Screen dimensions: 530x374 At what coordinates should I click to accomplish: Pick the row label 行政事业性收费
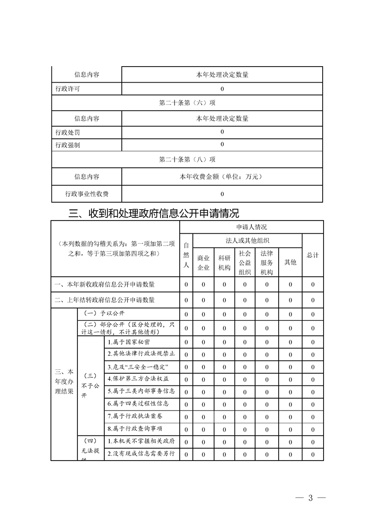(87, 193)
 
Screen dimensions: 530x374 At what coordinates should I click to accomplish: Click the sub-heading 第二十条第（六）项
(187, 103)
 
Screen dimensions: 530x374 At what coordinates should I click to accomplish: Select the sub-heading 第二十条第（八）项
(187, 160)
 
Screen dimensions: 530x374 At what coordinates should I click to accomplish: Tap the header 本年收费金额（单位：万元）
(222, 177)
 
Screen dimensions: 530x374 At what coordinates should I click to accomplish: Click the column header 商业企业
(203, 263)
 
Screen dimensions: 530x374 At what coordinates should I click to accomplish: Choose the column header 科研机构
(224, 263)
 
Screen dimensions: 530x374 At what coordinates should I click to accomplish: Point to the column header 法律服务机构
(266, 263)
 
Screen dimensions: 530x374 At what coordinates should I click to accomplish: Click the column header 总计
(313, 255)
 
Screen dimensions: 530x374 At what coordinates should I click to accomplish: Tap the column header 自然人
(186, 255)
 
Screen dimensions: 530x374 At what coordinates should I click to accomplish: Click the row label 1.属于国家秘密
(129, 342)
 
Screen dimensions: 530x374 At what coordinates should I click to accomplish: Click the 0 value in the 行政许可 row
(222, 89)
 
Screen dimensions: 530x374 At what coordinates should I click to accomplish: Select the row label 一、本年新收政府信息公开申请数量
(105, 284)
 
